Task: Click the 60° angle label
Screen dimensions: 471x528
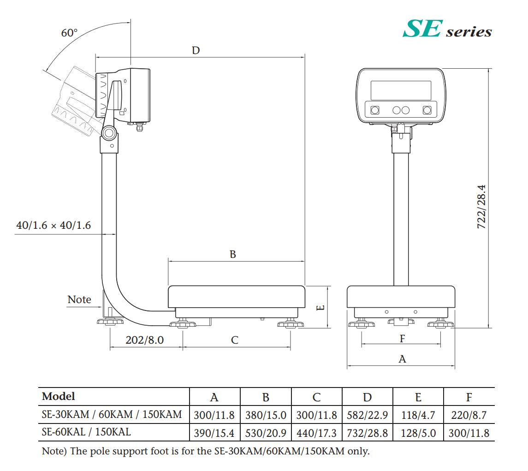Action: pyautogui.click(x=70, y=33)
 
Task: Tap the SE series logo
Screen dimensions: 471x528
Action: pyautogui.click(x=447, y=29)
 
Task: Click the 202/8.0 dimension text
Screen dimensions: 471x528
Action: pyautogui.click(x=145, y=340)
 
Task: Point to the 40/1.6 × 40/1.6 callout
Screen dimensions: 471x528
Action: pyautogui.click(x=53, y=226)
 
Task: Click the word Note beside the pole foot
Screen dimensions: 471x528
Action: pyautogui.click(x=79, y=299)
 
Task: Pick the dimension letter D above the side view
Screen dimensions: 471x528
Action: pyautogui.click(x=196, y=50)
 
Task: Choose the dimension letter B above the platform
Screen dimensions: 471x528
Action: pyautogui.click(x=233, y=254)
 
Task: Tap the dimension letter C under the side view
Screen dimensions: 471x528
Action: pyautogui.click(x=235, y=340)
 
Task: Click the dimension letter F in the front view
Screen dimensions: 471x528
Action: pyautogui.click(x=402, y=339)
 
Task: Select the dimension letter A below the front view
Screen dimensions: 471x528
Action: pyautogui.click(x=402, y=359)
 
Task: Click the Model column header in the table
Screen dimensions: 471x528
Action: pyautogui.click(x=58, y=396)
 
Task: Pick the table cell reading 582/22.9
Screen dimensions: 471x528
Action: pyautogui.click(x=368, y=415)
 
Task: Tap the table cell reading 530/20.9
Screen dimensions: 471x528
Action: pyautogui.click(x=266, y=433)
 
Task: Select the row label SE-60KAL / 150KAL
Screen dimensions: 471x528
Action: pyautogui.click(x=87, y=433)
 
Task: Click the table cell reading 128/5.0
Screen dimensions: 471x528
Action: pyautogui.click(x=418, y=433)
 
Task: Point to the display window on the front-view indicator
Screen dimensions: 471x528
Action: pyautogui.click(x=401, y=90)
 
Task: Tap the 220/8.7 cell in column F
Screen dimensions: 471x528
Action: pyautogui.click(x=469, y=415)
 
